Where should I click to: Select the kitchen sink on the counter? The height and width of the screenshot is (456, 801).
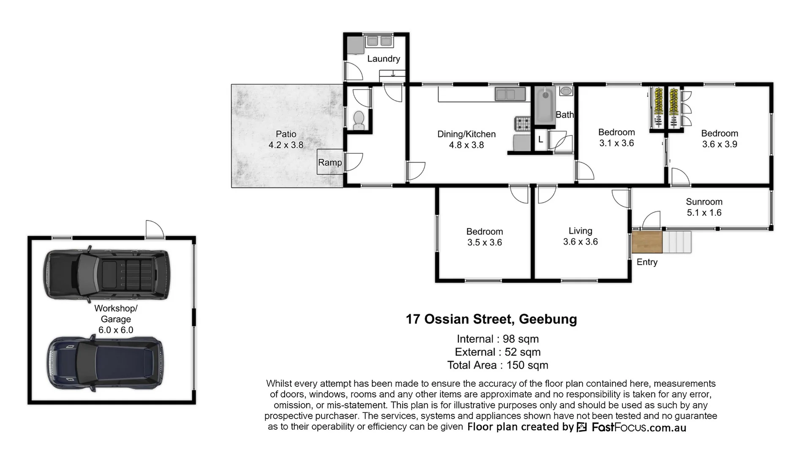coord(510,94)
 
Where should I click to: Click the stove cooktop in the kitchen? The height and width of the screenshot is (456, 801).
coord(522,124)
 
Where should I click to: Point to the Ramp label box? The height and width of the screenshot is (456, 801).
coord(330,162)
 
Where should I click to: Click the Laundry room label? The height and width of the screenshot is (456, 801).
coord(383,59)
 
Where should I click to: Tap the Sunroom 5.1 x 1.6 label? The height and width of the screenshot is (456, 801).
coord(704,207)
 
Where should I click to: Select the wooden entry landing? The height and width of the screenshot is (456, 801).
coord(646,242)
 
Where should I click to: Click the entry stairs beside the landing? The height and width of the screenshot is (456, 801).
coord(677,242)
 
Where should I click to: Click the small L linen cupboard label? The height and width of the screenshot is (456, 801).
coord(540,139)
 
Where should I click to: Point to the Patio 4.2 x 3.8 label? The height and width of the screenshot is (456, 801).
coord(286,139)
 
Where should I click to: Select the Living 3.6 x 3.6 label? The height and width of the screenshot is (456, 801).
coord(580,236)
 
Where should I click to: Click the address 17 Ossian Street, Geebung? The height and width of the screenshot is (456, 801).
coord(491,319)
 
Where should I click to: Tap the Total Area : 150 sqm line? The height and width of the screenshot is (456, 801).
coord(497,365)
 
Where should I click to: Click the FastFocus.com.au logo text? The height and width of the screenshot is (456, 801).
coord(638,427)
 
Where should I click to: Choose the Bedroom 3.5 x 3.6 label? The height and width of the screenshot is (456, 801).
coord(484,237)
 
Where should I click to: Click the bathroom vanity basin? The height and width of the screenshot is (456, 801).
coord(566,91)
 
